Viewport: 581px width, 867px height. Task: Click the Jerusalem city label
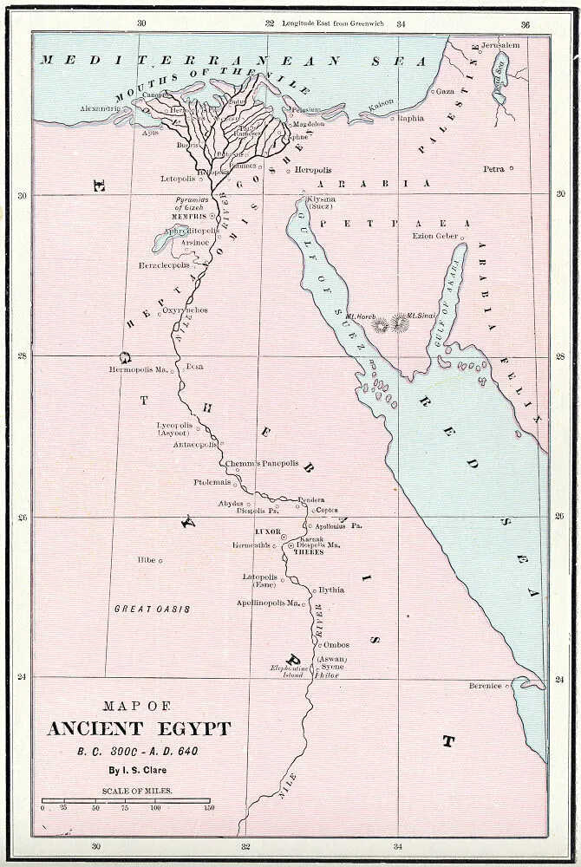pos(500,44)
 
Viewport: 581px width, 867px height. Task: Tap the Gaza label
pos(446,90)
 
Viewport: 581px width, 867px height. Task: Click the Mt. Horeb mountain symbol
pos(381,323)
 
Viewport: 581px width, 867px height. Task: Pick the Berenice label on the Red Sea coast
pos(485,686)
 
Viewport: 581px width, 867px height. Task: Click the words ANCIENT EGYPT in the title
pos(139,728)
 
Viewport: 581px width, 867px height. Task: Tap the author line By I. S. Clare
pos(139,769)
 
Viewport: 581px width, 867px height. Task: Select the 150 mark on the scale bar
pos(208,807)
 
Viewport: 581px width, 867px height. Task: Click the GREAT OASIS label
pos(152,610)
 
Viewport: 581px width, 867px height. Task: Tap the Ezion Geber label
pos(434,236)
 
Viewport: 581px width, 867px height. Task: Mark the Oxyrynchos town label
pos(185,310)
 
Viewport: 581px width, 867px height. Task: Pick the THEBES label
pos(308,551)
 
